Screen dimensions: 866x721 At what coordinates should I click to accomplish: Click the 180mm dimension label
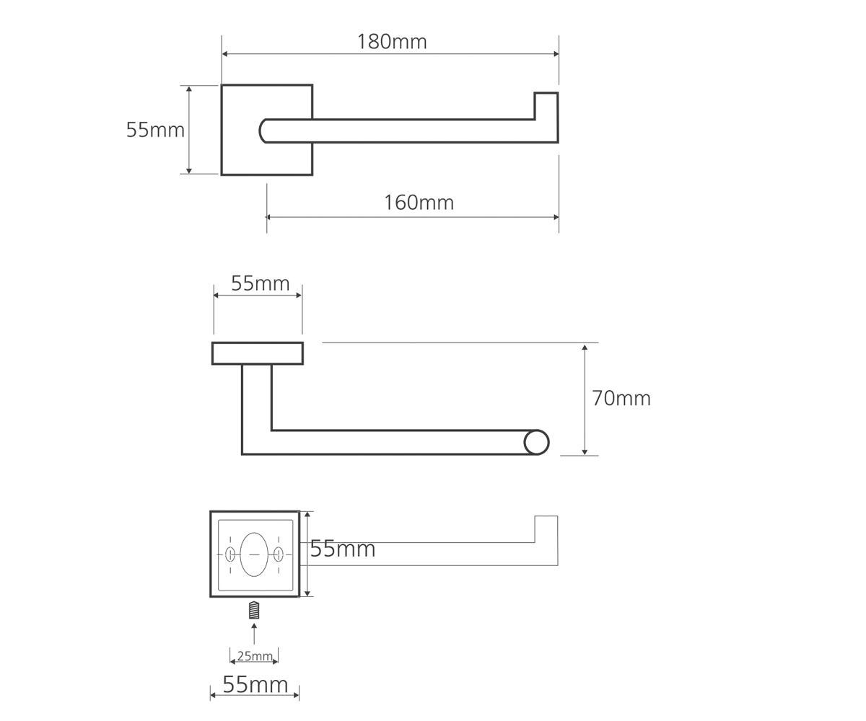392,42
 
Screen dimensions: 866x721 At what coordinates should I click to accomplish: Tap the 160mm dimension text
419,203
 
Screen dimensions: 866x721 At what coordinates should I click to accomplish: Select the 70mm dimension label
621,398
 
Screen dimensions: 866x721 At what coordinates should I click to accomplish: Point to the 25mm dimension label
255,656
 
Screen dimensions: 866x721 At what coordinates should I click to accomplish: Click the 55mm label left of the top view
155,130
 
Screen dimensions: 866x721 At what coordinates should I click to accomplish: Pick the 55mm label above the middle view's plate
260,283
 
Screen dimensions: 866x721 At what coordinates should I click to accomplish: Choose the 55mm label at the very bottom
255,684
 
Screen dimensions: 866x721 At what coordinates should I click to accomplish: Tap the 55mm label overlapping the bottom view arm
343,548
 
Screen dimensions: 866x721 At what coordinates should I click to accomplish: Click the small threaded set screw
254,610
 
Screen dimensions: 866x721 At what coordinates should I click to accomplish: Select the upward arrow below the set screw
254,633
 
